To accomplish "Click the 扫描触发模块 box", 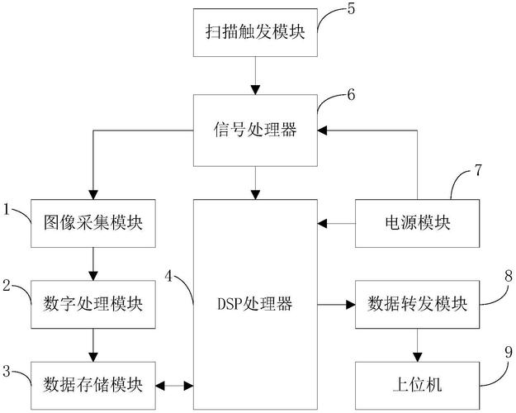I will pyautogui.click(x=257, y=32).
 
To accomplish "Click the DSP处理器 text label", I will pyautogui.click(x=257, y=304).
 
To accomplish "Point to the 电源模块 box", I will pyautogui.click(x=416, y=223).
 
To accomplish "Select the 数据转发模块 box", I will pyautogui.click(x=416, y=303).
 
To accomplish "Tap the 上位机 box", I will pyautogui.click(x=416, y=384).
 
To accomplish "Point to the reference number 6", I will pyautogui.click(x=351, y=94).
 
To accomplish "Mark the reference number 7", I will pyautogui.click(x=476, y=173).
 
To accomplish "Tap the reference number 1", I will pyautogui.click(x=7, y=210).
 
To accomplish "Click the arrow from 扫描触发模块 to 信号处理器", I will pyautogui.click(x=257, y=75).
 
